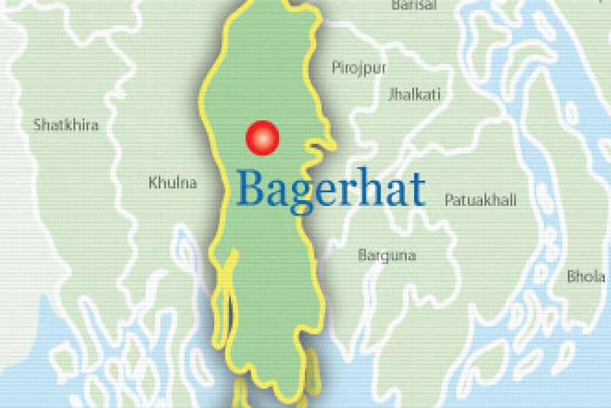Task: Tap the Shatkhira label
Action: coord(66,125)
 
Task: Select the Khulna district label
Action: coord(172,183)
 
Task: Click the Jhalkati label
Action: coord(414,95)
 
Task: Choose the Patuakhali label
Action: coord(480,201)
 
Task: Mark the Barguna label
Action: coord(387,256)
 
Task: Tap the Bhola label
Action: coord(586,277)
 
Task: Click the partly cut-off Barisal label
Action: coord(413,5)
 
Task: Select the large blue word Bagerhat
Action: coord(331,190)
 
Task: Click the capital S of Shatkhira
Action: coord(37,125)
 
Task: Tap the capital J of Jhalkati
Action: coord(390,95)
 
